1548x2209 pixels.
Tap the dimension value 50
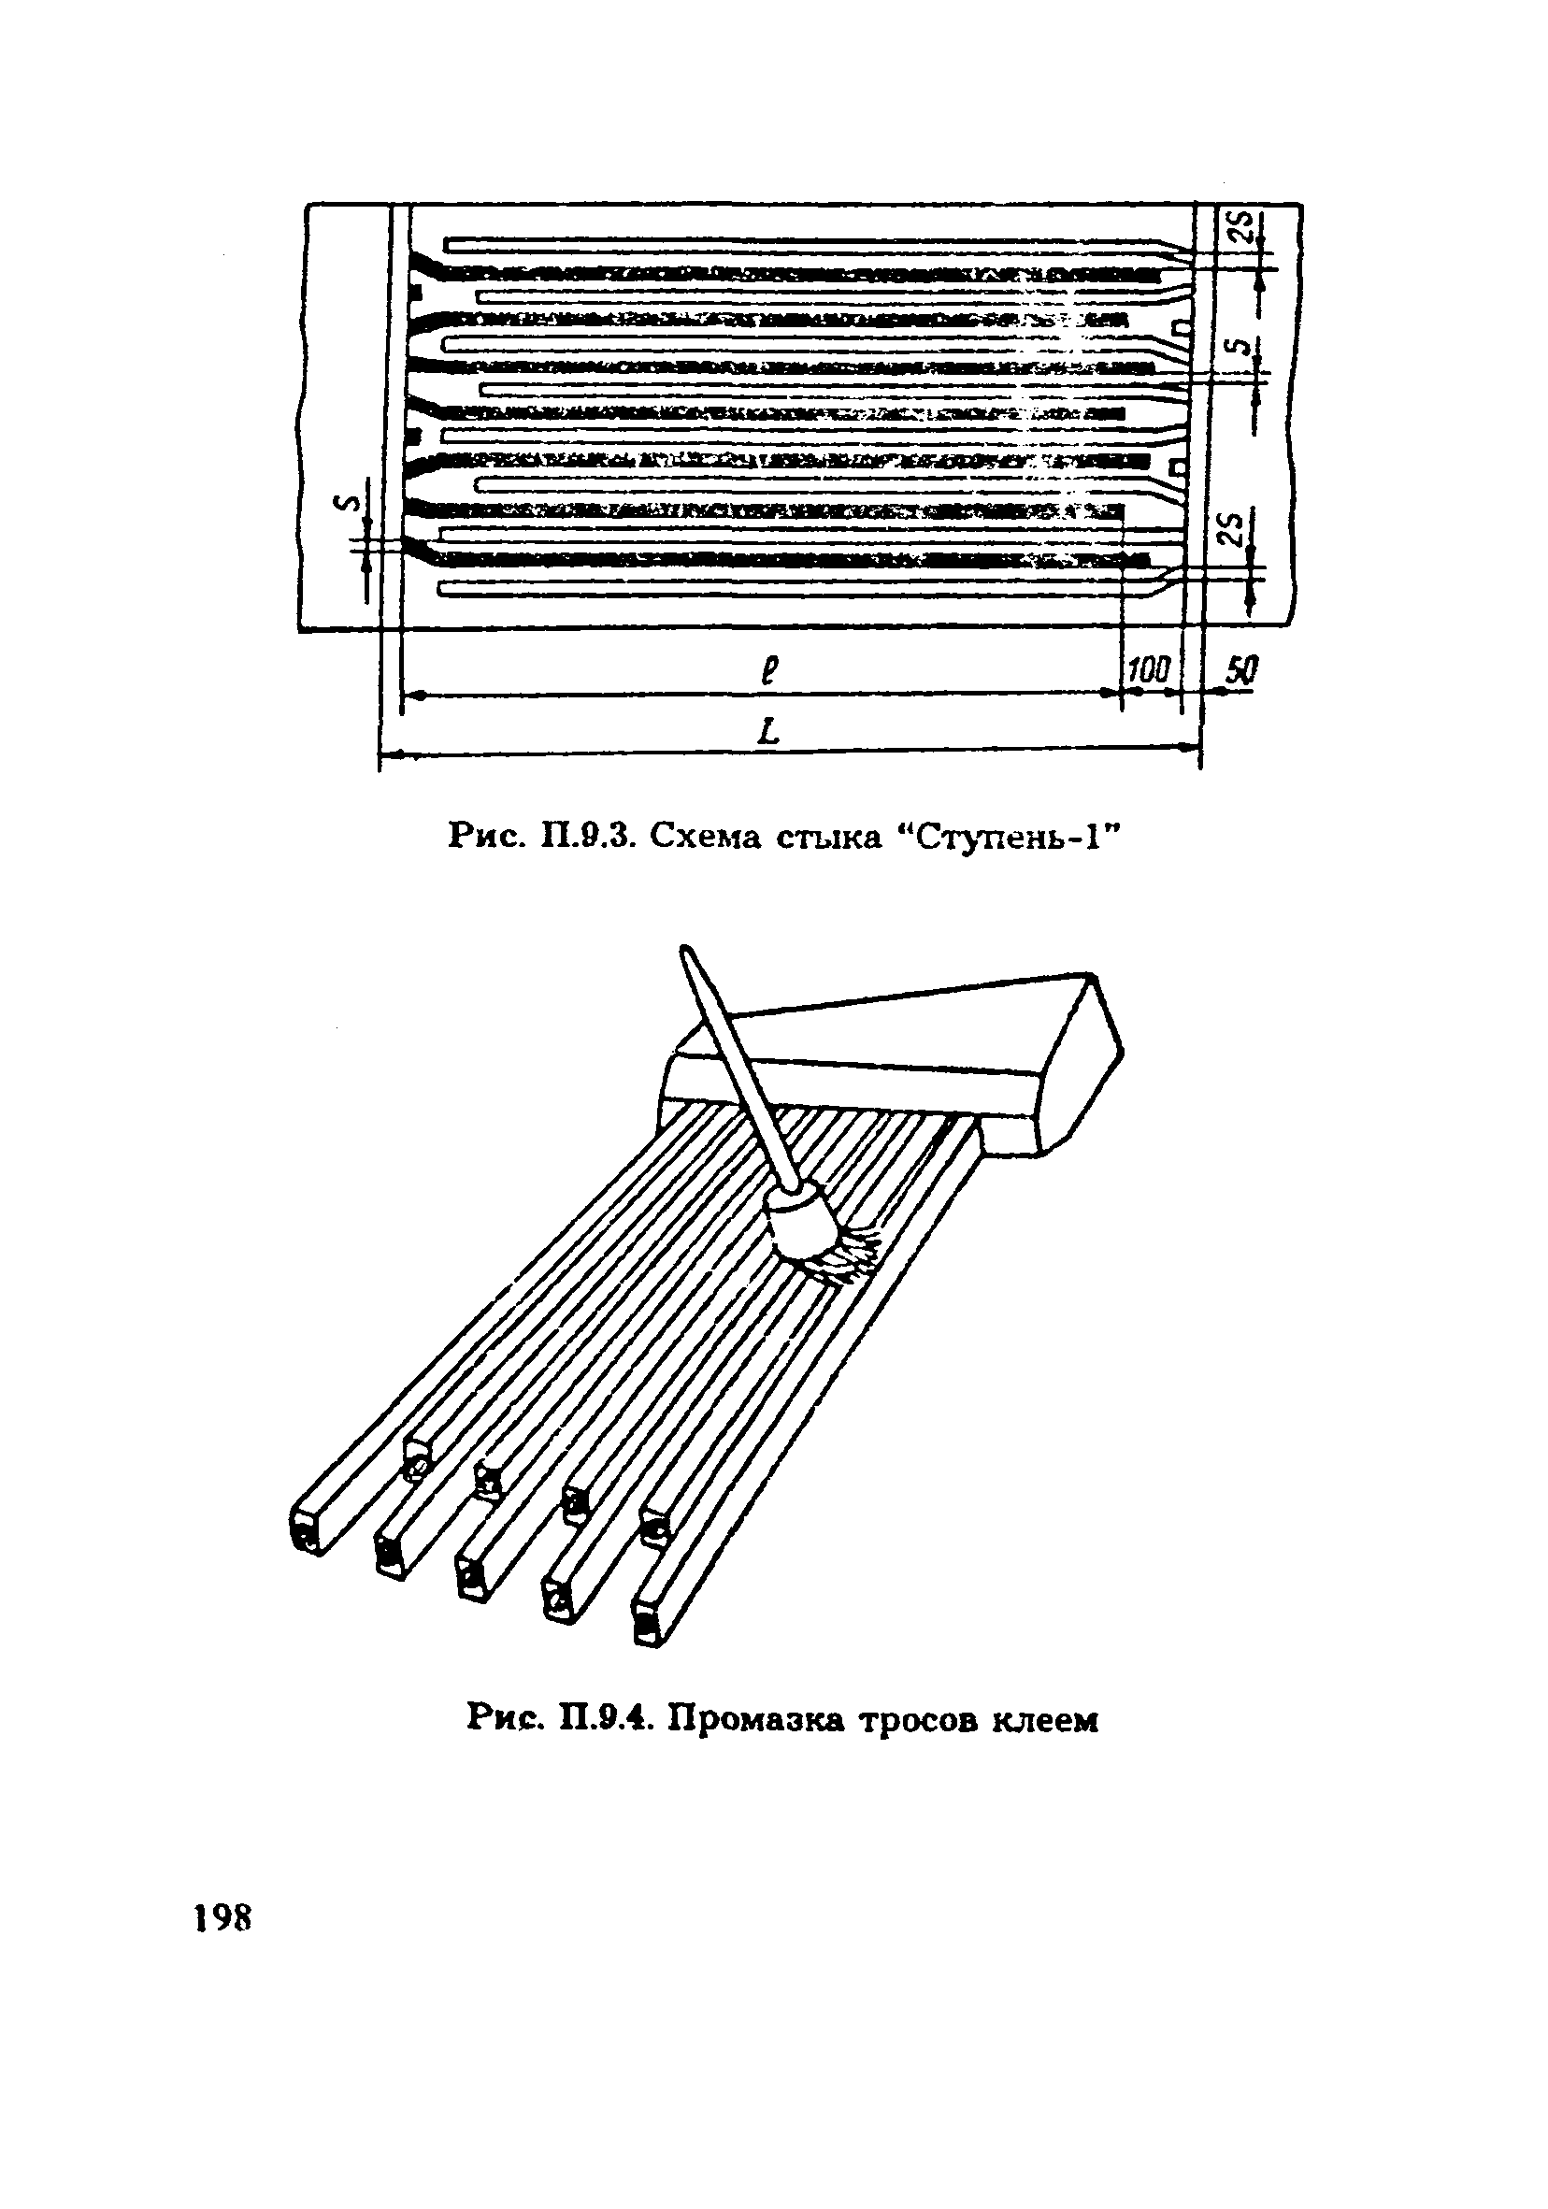[1241, 669]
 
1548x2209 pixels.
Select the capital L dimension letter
[767, 734]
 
